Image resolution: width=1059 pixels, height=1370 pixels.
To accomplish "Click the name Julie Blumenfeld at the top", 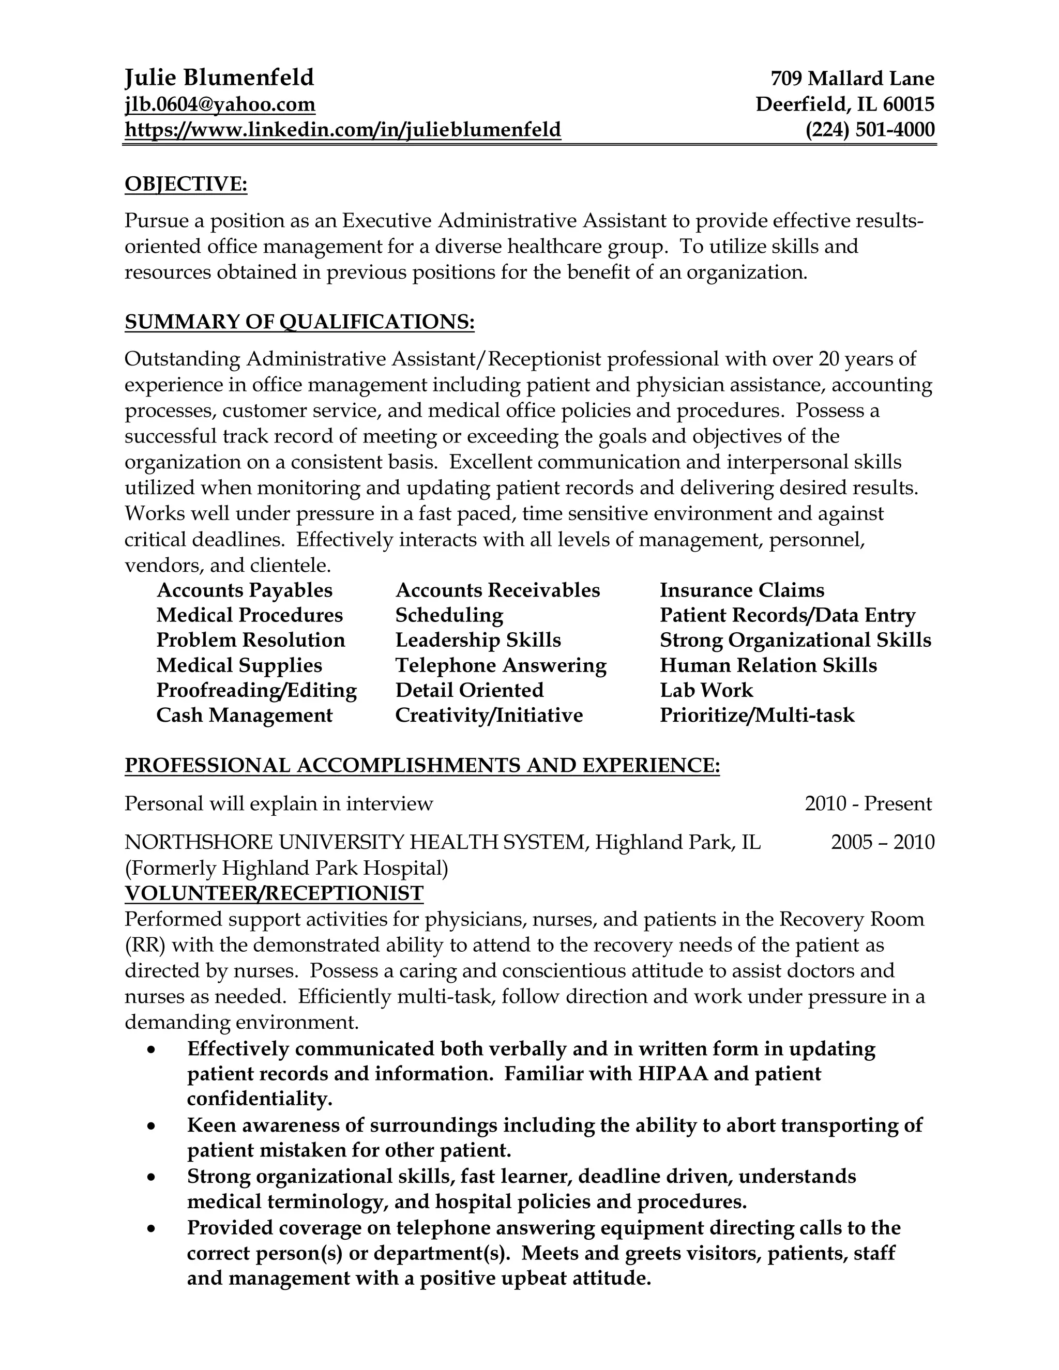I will point(219,78).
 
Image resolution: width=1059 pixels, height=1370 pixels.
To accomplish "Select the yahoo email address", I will point(220,104).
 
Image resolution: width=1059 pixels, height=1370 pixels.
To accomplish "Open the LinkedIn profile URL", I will point(342,130).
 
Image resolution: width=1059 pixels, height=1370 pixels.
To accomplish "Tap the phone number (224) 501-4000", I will point(870,130).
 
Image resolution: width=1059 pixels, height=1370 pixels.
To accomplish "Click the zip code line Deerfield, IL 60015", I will point(844,104).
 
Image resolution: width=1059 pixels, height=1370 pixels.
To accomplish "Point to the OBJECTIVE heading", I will point(186,185).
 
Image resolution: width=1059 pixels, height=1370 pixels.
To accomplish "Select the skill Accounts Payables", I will point(244,590).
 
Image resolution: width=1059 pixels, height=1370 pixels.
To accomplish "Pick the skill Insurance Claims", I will point(742,590).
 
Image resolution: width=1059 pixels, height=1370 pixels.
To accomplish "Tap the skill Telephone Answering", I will point(501,665).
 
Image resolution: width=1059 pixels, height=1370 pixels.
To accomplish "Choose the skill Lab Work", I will point(706,691).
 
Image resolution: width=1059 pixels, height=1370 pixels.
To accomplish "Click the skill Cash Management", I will point(244,716).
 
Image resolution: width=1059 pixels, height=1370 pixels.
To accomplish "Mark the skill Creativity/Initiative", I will point(489,716).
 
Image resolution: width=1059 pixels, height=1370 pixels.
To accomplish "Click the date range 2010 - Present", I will point(868,803).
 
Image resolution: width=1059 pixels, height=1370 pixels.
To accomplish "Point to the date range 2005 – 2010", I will point(882,842).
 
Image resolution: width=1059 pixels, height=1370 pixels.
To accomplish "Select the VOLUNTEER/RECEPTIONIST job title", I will point(274,893).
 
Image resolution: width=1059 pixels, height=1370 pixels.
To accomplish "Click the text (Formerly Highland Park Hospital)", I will point(286,868).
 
